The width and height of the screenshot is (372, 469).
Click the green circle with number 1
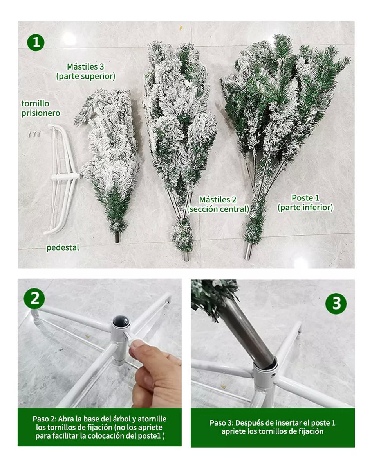click(x=36, y=42)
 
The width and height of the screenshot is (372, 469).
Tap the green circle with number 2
click(x=34, y=299)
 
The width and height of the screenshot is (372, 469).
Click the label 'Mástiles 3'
click(x=85, y=66)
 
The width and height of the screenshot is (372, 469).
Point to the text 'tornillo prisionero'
click(x=41, y=108)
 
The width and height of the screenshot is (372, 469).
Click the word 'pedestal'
click(x=63, y=247)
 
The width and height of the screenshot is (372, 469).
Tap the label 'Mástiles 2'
click(x=218, y=200)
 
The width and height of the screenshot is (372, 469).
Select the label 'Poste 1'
click(x=305, y=198)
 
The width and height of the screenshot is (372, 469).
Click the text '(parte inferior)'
click(x=305, y=208)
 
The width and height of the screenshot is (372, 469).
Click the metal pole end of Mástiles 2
click(x=186, y=256)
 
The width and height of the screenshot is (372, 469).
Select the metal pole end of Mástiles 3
click(x=117, y=237)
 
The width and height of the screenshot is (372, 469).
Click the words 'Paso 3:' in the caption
click(x=222, y=423)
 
